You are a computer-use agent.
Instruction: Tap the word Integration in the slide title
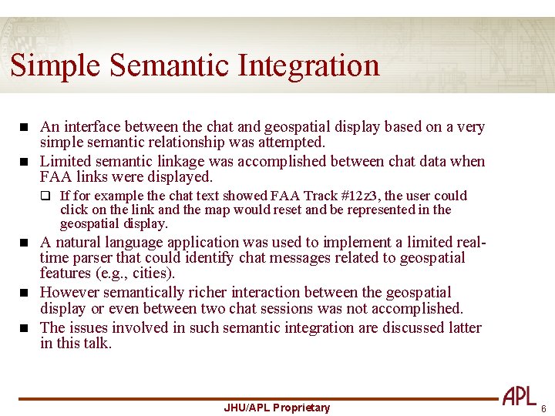pyautogui.click(x=309, y=65)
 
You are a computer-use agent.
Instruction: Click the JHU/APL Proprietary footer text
pyautogui.click(x=277, y=408)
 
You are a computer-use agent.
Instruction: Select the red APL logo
pyautogui.click(x=520, y=396)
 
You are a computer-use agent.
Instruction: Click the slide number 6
pyautogui.click(x=543, y=408)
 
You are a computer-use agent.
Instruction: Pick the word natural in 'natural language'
pyautogui.click(x=76, y=242)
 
